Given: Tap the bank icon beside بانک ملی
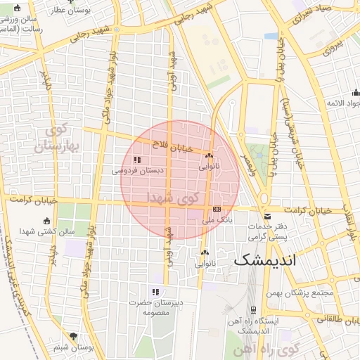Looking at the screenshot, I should pyautogui.click(x=217, y=209).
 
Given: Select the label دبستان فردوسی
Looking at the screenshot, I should pyautogui.click(x=136, y=170).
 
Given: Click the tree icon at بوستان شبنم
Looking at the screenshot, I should pyautogui.click(x=74, y=336).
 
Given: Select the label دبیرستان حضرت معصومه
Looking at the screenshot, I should pyautogui.click(x=156, y=307).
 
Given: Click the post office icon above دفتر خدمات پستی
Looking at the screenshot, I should pyautogui.click(x=267, y=216).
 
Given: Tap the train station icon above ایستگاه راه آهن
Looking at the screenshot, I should pyautogui.click(x=252, y=310).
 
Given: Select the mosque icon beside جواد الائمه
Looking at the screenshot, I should pyautogui.click(x=356, y=92).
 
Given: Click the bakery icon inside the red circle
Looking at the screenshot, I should pyautogui.click(x=209, y=155).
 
